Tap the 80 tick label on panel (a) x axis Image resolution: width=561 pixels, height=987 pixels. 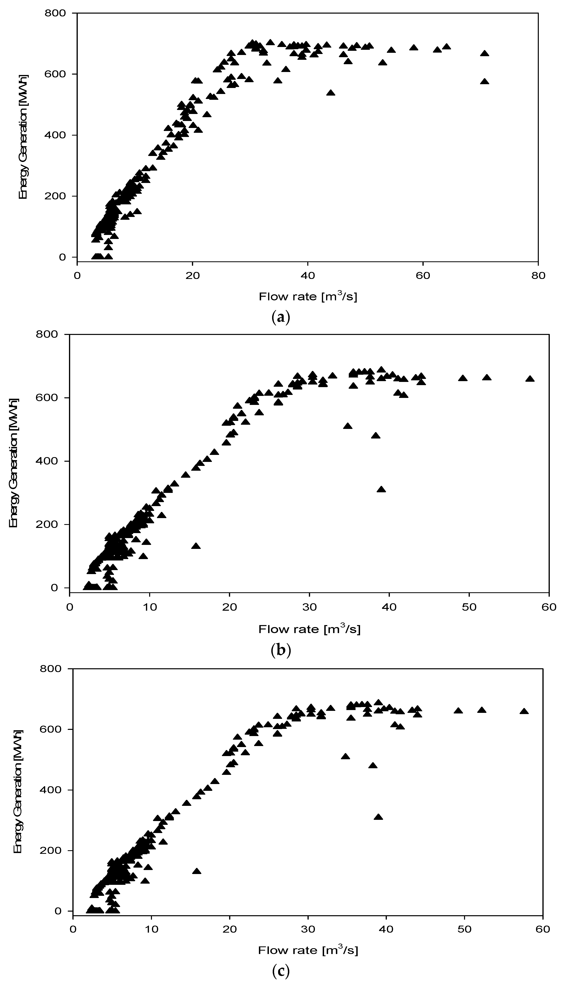click(x=538, y=276)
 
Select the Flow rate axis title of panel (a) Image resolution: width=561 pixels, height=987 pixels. click(x=308, y=296)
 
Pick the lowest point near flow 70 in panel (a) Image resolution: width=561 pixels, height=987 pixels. click(x=485, y=82)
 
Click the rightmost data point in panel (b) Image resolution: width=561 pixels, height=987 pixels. click(x=530, y=379)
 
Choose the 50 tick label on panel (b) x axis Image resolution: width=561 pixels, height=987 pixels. click(x=469, y=607)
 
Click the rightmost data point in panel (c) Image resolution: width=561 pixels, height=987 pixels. click(x=524, y=711)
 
